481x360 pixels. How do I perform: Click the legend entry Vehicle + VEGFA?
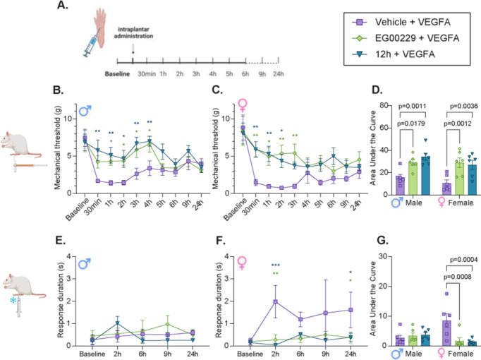[401, 22]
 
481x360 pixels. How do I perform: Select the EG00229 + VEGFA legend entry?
[406, 38]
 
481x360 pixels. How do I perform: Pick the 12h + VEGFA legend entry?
[394, 54]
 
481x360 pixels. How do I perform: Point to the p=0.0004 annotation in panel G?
[464, 260]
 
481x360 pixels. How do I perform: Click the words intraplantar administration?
[134, 33]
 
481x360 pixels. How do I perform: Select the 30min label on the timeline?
[147, 74]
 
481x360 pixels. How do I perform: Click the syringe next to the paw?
[92, 45]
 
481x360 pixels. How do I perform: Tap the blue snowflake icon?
[13, 300]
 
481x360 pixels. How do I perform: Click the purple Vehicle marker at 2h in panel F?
[276, 301]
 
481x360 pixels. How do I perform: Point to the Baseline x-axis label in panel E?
[92, 354]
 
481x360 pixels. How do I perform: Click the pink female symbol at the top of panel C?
[243, 105]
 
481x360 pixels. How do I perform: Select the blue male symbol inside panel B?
[85, 111]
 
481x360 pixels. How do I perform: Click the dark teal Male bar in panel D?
[425, 176]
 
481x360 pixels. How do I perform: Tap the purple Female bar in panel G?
[446, 333]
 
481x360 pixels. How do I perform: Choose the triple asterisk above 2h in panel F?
[276, 265]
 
